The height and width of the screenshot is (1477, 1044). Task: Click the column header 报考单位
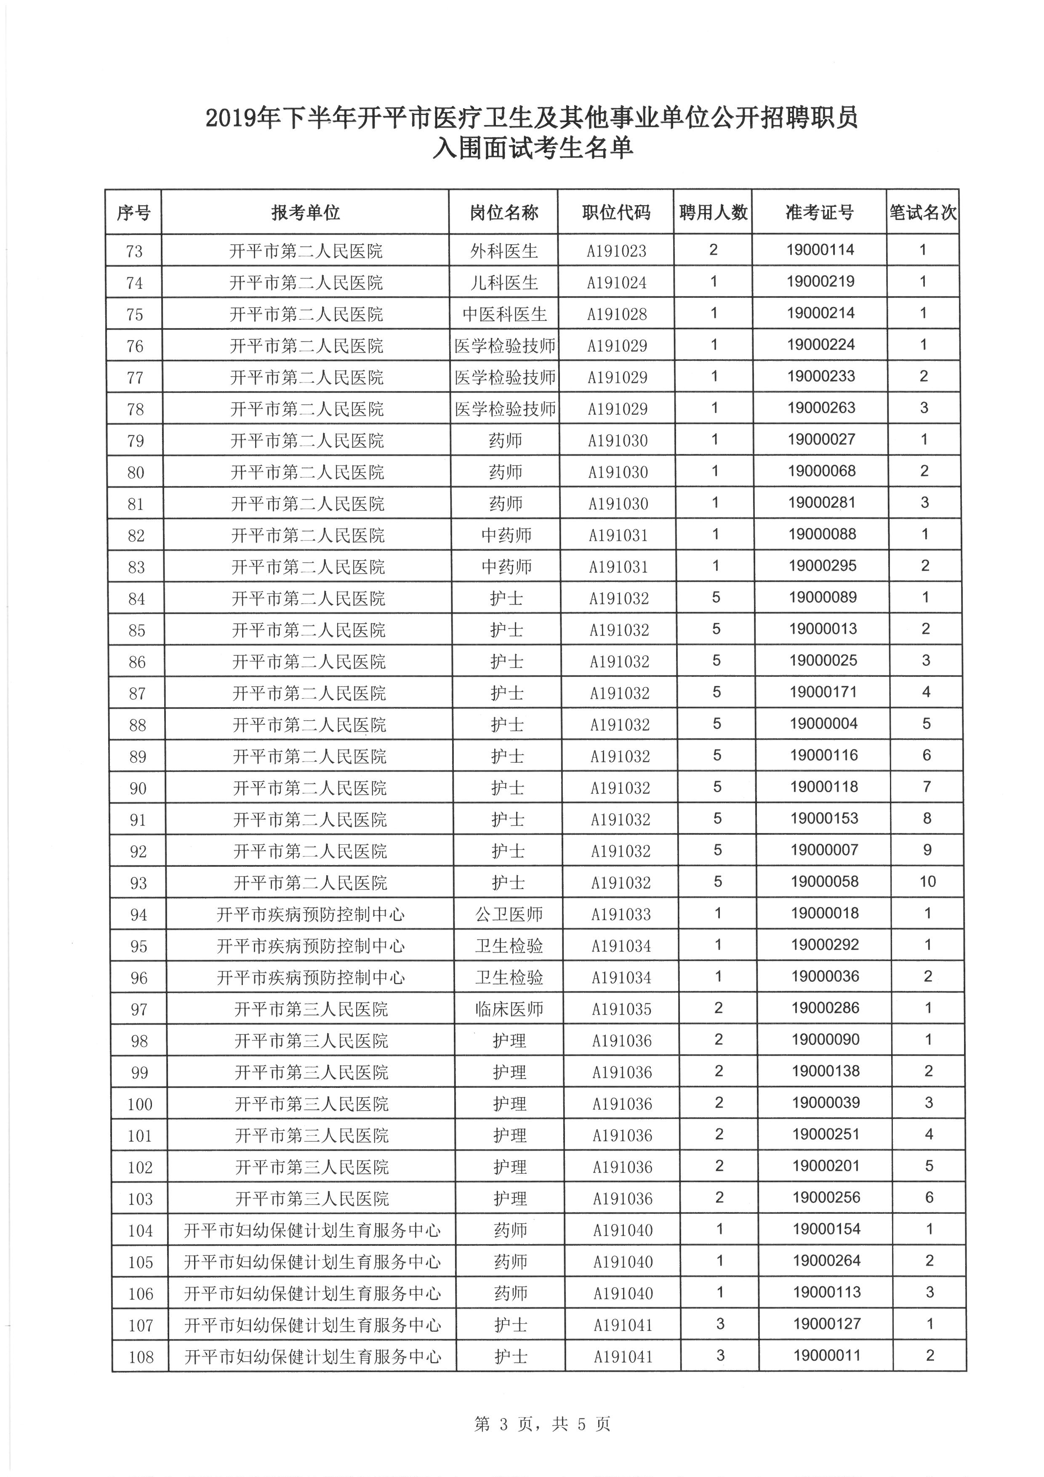(x=305, y=212)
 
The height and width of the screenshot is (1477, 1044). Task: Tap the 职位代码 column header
(x=616, y=212)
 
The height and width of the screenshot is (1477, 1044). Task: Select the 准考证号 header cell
(x=819, y=212)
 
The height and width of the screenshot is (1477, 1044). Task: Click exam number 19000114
(x=820, y=250)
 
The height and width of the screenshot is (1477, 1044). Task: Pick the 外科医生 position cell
(x=504, y=251)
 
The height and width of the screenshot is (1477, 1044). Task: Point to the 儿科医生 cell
(x=504, y=283)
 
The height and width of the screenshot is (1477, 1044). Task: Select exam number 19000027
(x=822, y=439)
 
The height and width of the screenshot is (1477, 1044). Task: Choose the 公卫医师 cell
(x=509, y=914)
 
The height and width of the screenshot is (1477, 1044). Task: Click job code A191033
(x=621, y=914)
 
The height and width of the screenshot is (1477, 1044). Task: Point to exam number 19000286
(x=826, y=1007)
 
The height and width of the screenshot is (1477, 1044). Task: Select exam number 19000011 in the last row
(x=827, y=1355)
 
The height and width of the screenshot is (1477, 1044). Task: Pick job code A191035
(x=622, y=1009)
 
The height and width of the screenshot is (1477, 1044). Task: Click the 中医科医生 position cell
(x=505, y=314)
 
